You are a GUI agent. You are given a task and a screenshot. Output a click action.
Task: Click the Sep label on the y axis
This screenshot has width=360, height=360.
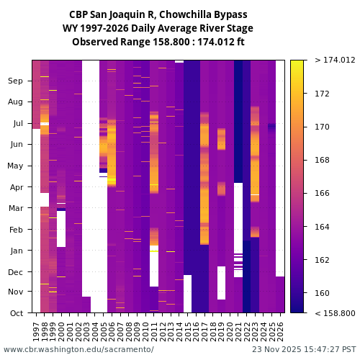[16, 81]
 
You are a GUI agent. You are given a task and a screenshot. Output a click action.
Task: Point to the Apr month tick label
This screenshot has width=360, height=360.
[16, 187]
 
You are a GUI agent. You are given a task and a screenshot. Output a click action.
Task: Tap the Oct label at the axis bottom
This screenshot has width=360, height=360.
[16, 312]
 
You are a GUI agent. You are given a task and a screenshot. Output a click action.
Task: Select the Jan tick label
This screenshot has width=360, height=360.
[16, 251]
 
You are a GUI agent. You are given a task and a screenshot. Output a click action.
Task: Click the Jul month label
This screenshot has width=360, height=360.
[17, 124]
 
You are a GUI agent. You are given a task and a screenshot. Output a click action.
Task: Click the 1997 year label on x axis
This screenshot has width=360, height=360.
[37, 330]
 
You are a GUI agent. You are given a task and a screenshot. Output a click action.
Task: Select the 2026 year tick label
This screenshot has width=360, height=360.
[280, 330]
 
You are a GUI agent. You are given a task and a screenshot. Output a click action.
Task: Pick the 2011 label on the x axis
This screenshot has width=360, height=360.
[154, 330]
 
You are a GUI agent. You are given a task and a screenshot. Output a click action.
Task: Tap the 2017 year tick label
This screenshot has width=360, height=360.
[204, 330]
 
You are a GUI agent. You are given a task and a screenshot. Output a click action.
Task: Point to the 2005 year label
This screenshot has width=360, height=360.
[104, 330]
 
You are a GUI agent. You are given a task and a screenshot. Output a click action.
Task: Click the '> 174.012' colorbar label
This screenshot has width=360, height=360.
[335, 60]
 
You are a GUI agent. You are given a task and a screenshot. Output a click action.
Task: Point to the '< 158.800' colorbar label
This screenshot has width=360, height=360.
[335, 313]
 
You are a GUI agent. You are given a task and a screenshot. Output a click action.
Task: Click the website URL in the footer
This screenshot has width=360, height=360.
[78, 349]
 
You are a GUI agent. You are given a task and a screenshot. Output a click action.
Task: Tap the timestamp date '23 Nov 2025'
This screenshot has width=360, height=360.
[278, 349]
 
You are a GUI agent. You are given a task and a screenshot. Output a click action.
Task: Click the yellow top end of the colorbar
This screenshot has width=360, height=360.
[296, 63]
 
